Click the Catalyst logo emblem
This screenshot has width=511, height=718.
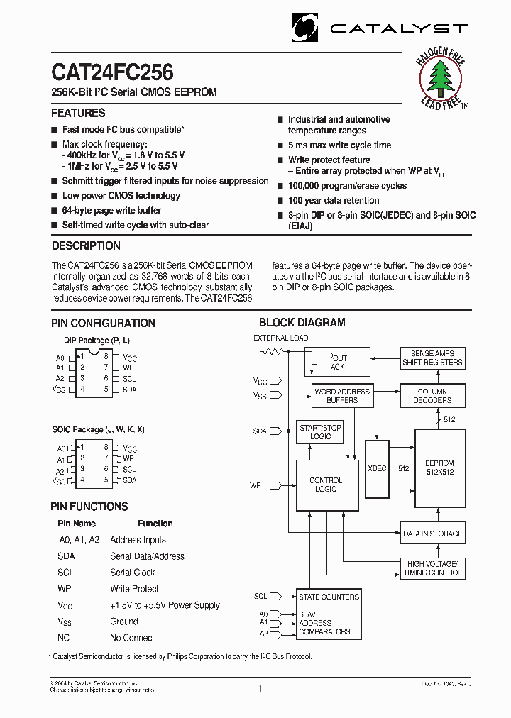point(307,28)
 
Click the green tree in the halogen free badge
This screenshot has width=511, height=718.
point(441,77)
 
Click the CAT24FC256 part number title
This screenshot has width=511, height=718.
point(112,72)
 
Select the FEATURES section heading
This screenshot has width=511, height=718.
point(78,113)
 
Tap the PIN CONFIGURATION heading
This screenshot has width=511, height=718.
point(103,323)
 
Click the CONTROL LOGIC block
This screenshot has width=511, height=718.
point(326,485)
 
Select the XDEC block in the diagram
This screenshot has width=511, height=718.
point(377,468)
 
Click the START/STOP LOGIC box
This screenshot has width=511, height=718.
point(320,432)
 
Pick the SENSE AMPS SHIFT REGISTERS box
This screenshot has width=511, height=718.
point(432,358)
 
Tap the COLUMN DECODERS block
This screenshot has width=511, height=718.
point(432,396)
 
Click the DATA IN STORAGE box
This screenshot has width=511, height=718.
point(432,534)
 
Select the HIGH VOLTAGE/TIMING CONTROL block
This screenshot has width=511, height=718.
point(432,568)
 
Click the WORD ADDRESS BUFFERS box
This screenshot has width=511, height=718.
point(342,396)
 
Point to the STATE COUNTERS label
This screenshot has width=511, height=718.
point(329,597)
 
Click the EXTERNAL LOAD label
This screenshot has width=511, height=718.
point(281,338)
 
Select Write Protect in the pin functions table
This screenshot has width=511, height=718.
point(134,589)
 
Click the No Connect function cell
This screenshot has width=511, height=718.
point(132,638)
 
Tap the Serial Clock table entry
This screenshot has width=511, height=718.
point(132,573)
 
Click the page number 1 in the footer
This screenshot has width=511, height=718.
point(260,688)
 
